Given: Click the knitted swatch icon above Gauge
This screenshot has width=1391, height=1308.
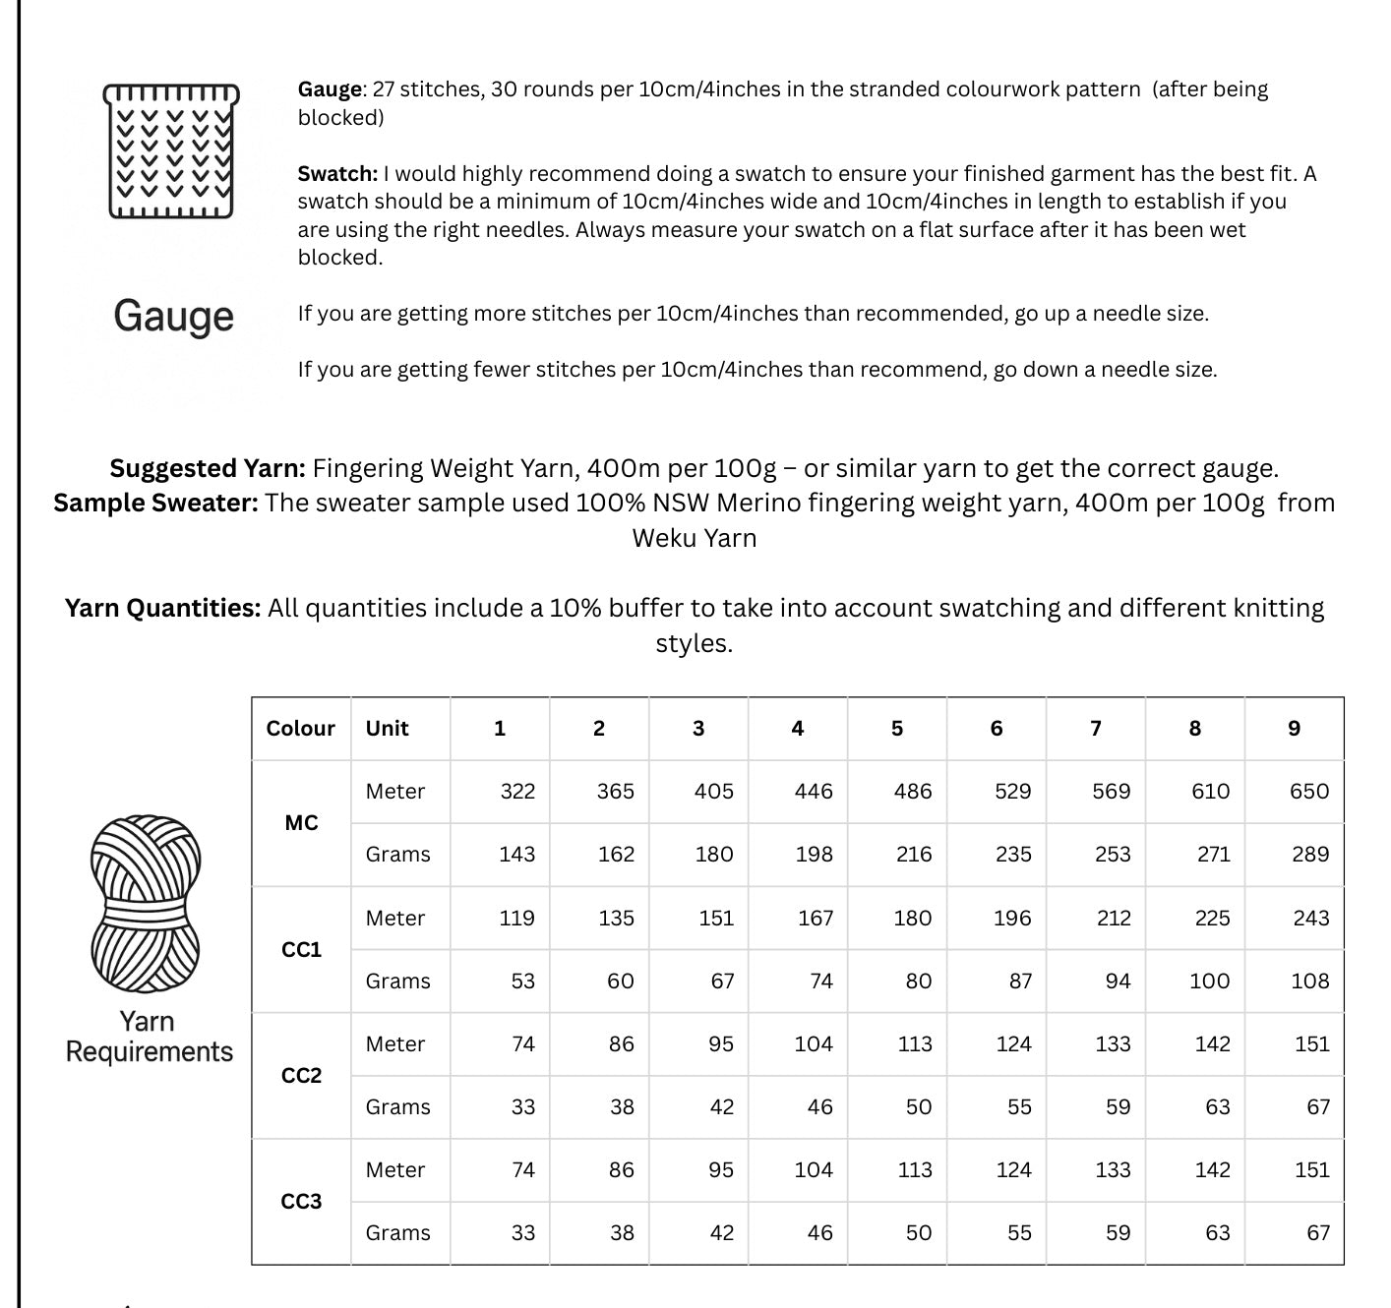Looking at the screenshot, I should click(171, 150).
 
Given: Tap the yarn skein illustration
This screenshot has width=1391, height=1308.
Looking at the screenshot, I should click(146, 903).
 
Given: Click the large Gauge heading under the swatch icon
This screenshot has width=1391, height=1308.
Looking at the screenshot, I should click(173, 316).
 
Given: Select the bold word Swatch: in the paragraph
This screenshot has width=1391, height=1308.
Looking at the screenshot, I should click(337, 174).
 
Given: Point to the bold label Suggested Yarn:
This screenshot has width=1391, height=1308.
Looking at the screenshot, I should click(208, 468).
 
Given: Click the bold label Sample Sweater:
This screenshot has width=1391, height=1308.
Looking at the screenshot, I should click(155, 504).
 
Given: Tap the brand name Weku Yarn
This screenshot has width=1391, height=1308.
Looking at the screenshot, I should click(695, 539).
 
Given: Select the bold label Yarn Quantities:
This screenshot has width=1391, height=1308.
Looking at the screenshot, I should click(162, 608).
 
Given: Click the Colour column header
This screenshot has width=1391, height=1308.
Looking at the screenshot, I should click(300, 729).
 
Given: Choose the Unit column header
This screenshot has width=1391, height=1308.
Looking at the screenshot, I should click(387, 729).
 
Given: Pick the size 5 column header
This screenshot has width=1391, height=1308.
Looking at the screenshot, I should click(896, 729).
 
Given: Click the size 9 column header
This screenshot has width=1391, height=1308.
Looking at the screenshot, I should click(1294, 729).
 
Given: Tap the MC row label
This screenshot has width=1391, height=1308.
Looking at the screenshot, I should click(301, 823).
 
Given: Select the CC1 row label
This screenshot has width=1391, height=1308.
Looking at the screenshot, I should click(301, 950).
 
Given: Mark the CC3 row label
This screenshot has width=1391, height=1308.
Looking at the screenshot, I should click(301, 1202).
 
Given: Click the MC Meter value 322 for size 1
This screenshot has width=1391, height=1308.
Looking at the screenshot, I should click(517, 792).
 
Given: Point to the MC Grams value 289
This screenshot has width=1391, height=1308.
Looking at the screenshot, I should click(1310, 855).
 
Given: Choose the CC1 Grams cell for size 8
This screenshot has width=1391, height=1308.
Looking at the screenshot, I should click(1209, 981).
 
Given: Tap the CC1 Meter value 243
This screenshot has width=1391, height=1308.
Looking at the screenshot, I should click(1310, 919).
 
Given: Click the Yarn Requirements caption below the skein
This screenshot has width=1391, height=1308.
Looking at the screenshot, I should click(149, 1037).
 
